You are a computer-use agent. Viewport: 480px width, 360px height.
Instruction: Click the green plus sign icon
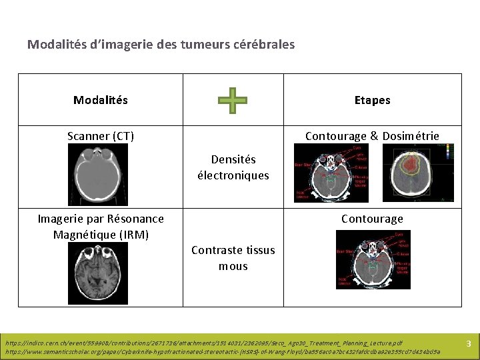(233, 101)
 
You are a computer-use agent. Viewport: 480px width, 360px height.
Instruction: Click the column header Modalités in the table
(101, 101)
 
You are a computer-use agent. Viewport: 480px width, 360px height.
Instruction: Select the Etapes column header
(372, 101)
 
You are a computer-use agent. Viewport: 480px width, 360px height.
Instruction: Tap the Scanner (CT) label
(101, 136)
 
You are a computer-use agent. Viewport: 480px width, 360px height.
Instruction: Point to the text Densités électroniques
(233, 167)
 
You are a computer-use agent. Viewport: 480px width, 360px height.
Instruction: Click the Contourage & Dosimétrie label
(372, 136)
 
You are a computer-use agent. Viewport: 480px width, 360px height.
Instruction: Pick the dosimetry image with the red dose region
(417, 173)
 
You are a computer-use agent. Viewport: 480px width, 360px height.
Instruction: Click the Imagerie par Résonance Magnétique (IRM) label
(101, 227)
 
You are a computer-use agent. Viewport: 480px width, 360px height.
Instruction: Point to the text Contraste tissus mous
(233, 258)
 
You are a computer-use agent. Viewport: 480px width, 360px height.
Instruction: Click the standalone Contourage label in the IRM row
(372, 219)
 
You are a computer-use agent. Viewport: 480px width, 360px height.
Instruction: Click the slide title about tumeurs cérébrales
(161, 45)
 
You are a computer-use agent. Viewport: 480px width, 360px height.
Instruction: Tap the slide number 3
(468, 344)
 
